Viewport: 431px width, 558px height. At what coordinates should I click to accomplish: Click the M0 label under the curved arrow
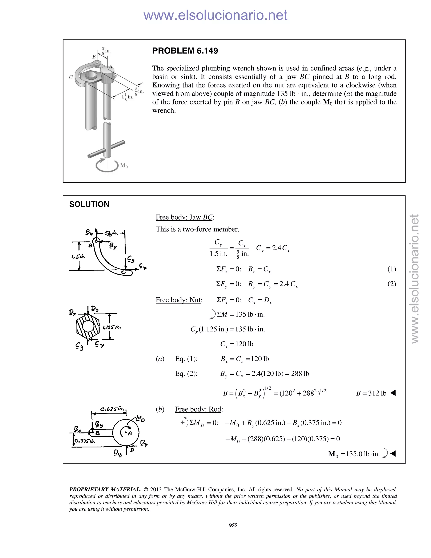point(124,166)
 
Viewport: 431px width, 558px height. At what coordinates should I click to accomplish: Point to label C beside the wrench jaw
point(71,77)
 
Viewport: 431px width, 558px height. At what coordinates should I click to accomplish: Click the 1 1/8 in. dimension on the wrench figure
point(127,97)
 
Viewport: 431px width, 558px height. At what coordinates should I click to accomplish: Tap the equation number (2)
point(391,284)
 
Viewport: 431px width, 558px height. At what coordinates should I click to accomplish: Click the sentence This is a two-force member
point(197,229)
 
